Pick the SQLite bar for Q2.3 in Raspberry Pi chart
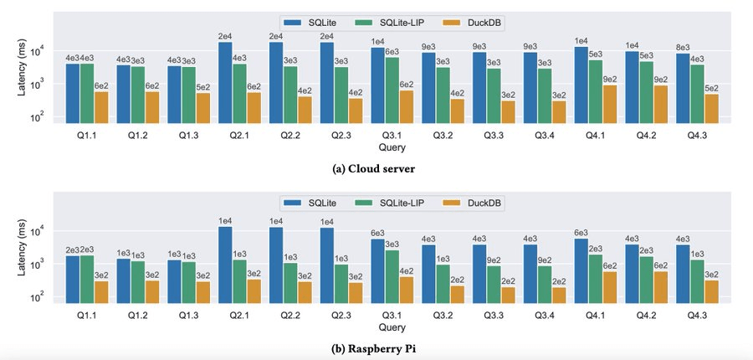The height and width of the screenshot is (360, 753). coord(328,264)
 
